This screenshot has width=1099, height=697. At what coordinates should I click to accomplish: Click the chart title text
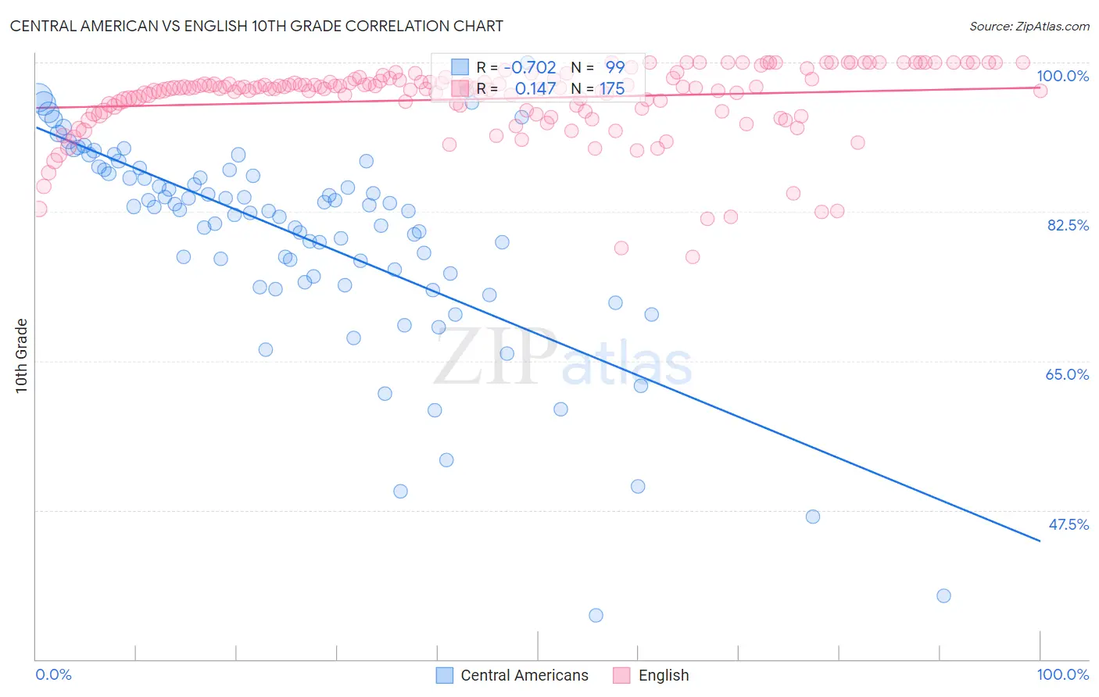256,26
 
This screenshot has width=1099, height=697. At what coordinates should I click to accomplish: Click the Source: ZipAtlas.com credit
1029,27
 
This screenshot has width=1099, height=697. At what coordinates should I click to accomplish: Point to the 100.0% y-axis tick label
1062,76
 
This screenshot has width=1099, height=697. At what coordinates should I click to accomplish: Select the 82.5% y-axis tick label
1067,225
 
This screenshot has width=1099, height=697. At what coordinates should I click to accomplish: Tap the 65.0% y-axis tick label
1067,374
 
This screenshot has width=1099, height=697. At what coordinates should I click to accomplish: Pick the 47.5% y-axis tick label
1068,524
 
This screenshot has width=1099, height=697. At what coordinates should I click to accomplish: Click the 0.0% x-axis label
54,674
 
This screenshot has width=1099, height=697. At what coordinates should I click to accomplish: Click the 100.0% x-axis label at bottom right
1062,674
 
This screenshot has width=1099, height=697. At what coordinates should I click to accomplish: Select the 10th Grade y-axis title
22,356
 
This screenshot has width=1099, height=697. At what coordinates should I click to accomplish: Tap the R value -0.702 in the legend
529,68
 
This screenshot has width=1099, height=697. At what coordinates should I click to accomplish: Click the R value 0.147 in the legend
535,89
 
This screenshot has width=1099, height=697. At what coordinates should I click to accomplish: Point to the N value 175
612,89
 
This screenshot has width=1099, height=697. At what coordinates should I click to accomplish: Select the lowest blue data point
596,616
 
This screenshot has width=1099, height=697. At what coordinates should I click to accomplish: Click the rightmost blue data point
943,596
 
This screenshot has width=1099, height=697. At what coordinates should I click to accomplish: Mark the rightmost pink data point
1040,91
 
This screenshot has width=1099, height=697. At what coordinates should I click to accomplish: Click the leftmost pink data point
39,209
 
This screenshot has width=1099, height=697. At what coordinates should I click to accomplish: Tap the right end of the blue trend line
1040,541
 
